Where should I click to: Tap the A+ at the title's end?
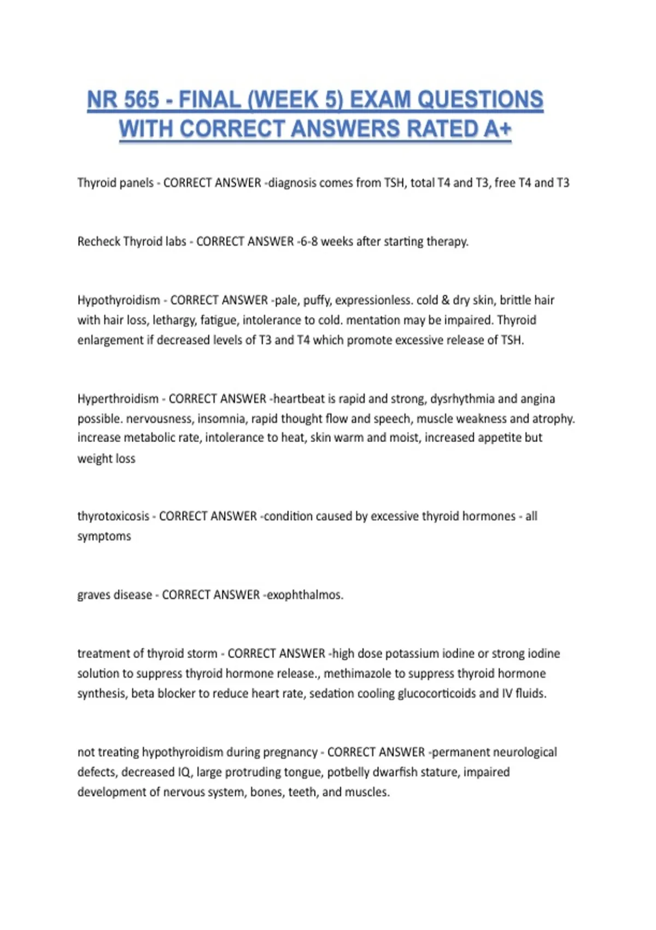point(498,130)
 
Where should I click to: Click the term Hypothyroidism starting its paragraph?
point(119,300)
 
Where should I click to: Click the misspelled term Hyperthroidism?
point(118,399)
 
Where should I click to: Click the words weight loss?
point(106,458)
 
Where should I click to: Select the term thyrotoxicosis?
point(113,516)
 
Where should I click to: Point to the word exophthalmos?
point(304,595)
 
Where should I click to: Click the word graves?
point(95,595)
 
